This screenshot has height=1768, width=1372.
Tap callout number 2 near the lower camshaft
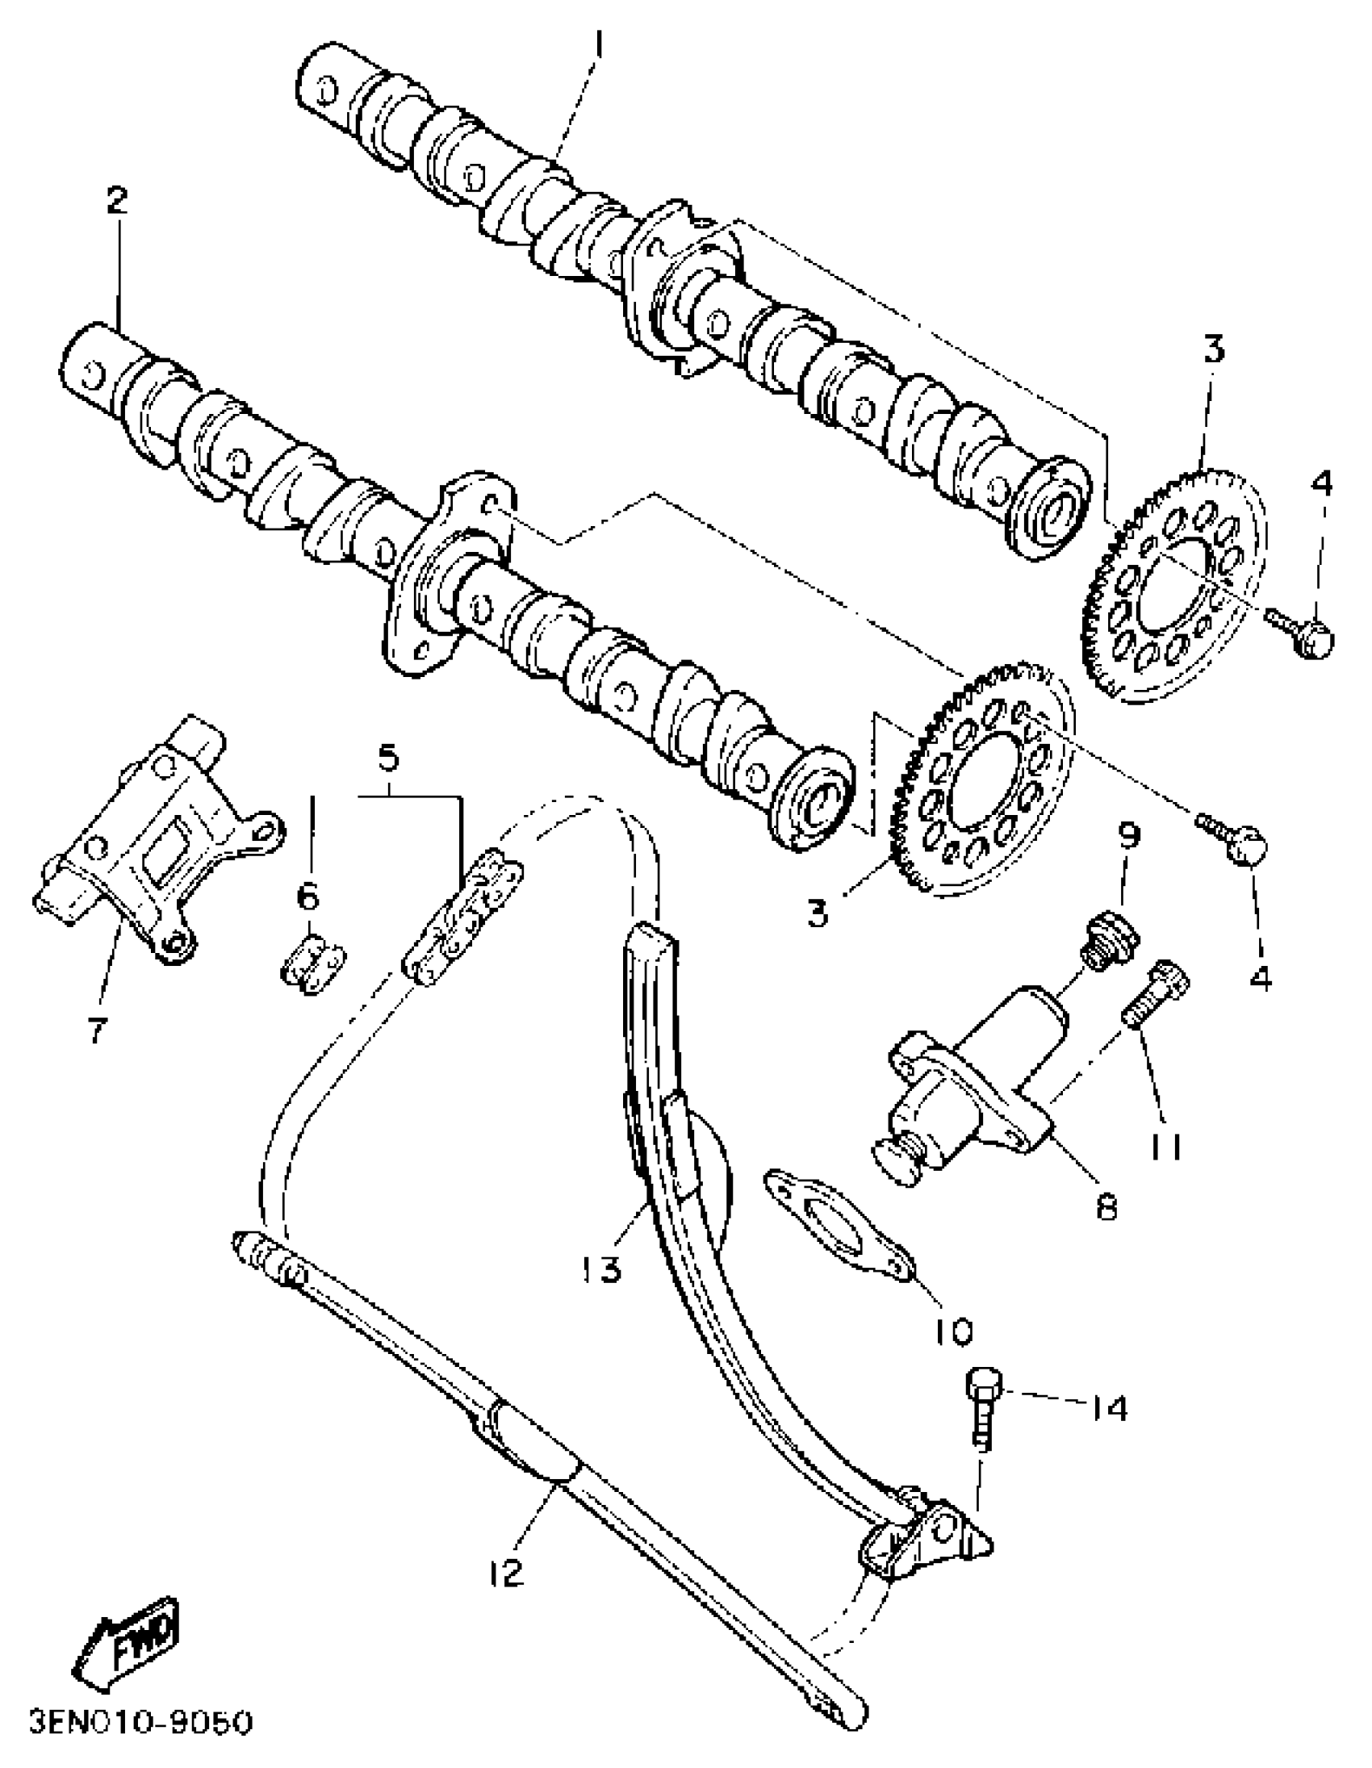pyautogui.click(x=118, y=199)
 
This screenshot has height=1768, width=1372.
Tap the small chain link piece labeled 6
pyautogui.click(x=313, y=965)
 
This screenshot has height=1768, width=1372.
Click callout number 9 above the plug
pyautogui.click(x=1130, y=834)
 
